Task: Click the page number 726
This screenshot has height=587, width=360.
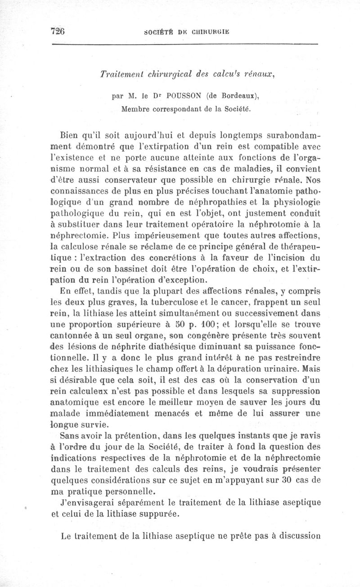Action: coord(58,31)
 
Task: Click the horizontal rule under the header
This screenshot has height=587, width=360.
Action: coord(184,44)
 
